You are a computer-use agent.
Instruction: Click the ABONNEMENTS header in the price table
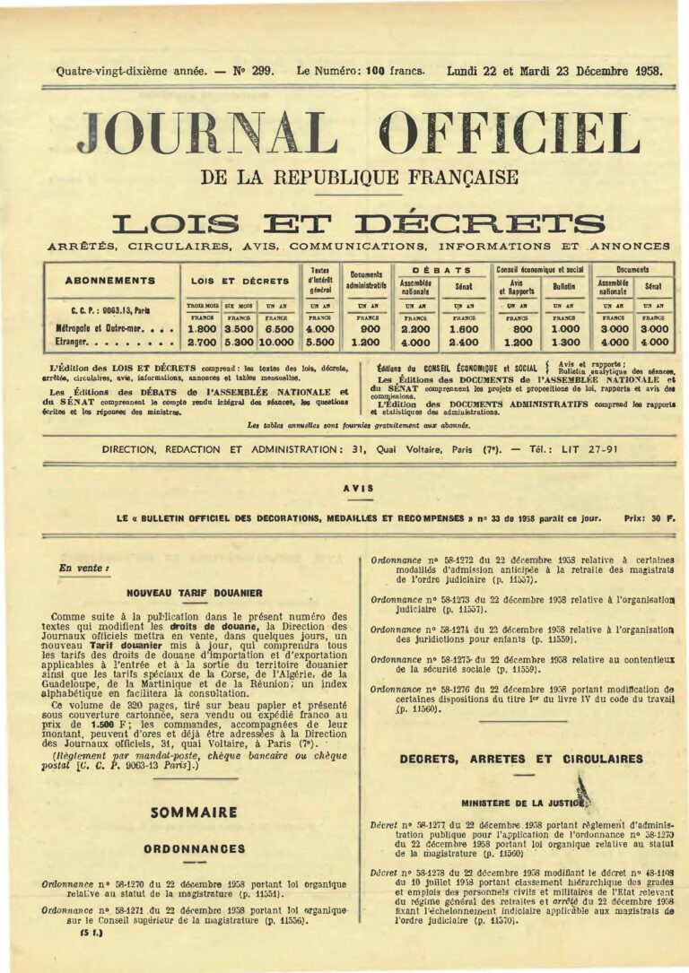pos(110,281)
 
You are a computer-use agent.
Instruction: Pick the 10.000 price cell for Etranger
pos(276,342)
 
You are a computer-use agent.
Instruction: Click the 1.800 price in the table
pos(201,328)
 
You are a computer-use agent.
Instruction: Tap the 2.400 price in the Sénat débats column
pos(464,342)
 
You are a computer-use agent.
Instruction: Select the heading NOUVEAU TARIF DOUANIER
pos(195,593)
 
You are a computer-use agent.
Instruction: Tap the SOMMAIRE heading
pos(194,812)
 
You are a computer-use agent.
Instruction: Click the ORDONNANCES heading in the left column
pos(194,848)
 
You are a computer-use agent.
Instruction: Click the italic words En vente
pos(78,568)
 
